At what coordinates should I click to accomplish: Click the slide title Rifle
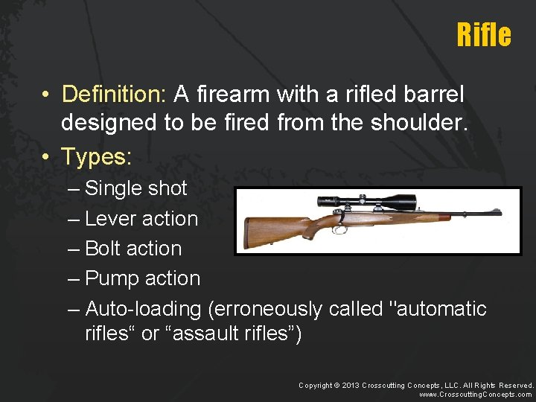[484, 35]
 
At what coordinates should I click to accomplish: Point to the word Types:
[96, 156]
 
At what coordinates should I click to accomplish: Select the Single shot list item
[136, 188]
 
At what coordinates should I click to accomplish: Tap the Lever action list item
[141, 219]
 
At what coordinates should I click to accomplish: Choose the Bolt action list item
[133, 249]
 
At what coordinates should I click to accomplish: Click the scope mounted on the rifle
[366, 200]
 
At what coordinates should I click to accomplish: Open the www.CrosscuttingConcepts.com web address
[476, 395]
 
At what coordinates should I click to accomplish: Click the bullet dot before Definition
[46, 95]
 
